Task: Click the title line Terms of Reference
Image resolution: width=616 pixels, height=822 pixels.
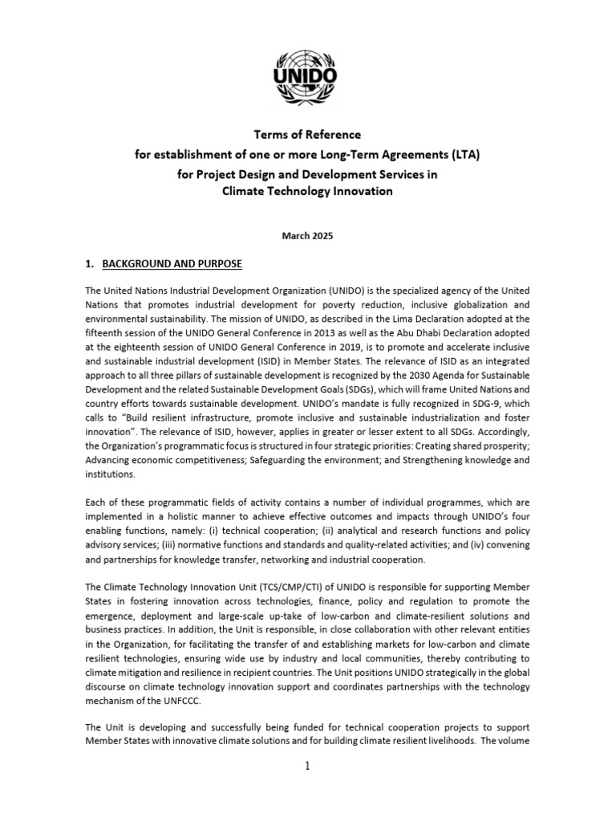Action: click(308, 134)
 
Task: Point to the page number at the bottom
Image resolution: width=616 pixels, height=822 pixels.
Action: click(308, 766)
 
